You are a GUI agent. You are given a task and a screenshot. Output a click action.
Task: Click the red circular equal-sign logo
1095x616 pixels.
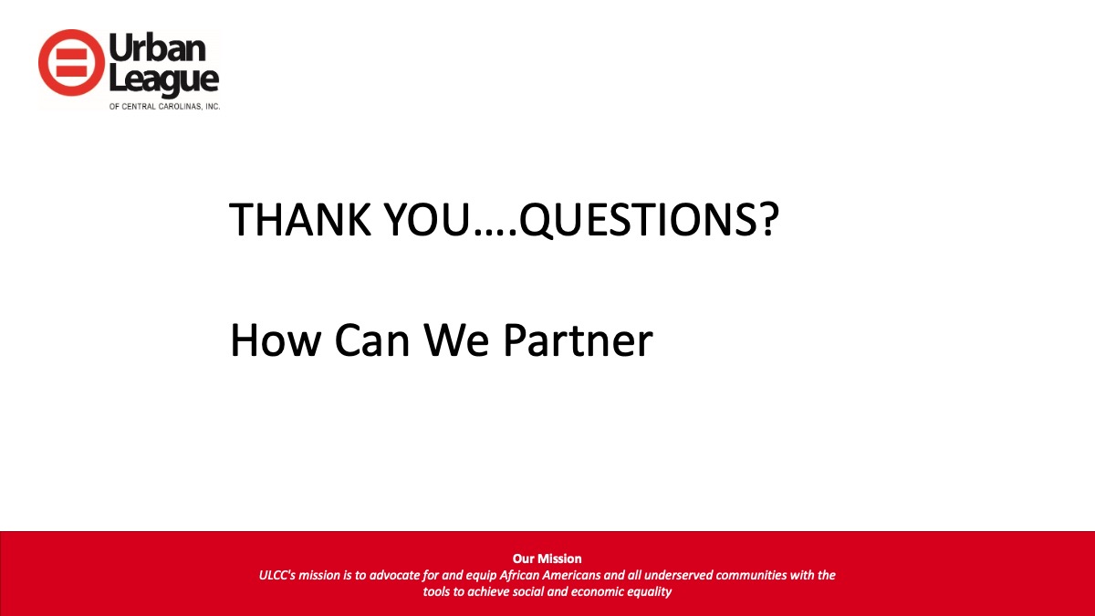point(71,63)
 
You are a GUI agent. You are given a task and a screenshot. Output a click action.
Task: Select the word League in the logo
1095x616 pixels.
point(163,80)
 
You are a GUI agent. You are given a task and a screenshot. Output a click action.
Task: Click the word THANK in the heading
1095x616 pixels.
point(299,220)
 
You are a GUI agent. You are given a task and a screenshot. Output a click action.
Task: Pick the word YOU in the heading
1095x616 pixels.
point(427,220)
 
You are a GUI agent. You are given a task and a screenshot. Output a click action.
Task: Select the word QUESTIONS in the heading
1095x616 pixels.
point(639,221)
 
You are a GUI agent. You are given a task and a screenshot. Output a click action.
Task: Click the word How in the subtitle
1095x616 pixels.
point(276,340)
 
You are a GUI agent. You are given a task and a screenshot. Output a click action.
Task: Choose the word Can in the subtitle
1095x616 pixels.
point(372,340)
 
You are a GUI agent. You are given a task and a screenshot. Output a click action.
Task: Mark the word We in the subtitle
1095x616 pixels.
point(456,340)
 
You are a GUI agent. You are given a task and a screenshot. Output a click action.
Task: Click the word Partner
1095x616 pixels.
point(579,340)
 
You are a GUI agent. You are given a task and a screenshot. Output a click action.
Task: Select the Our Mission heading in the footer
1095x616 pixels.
point(547,559)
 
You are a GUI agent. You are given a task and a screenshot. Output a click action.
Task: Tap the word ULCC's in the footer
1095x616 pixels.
point(277,575)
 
